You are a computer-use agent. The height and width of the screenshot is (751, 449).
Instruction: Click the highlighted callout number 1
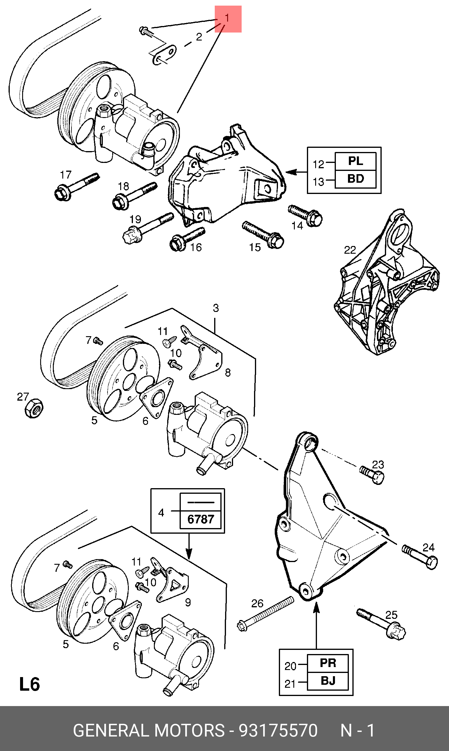click(227, 18)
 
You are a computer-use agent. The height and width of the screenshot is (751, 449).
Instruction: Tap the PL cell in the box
click(356, 161)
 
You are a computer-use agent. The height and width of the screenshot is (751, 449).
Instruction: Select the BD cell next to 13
click(356, 179)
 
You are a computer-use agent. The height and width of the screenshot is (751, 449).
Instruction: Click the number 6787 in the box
click(201, 519)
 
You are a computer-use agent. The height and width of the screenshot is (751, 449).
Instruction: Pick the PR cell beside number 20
click(328, 663)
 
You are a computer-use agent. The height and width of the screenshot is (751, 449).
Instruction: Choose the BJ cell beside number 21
click(328, 681)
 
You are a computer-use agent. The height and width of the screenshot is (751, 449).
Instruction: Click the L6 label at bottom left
click(29, 684)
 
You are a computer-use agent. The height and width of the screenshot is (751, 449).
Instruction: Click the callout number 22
click(350, 250)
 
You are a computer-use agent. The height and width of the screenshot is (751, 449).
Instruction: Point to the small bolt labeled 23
click(372, 475)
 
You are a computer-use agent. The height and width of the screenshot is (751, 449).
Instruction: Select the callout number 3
click(216, 308)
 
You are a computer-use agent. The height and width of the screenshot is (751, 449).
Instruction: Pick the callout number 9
click(188, 602)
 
